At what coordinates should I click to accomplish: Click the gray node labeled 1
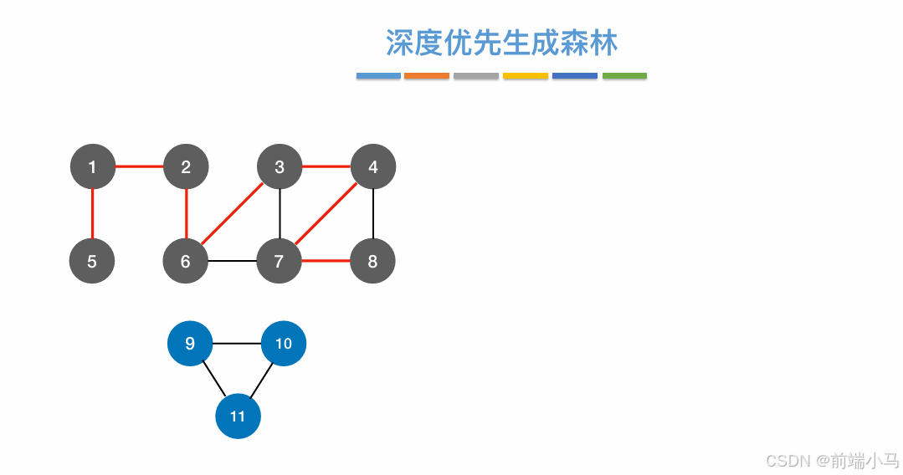92,167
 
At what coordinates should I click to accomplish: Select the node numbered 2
186,167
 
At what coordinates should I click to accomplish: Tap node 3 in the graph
280,167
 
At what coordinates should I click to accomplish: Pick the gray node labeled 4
373,167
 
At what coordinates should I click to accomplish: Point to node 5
92,261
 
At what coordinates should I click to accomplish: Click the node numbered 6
186,261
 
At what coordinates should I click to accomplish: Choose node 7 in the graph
280,261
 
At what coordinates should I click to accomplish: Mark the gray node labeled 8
373,261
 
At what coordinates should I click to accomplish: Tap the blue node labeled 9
190,344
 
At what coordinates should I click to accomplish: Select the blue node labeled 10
284,344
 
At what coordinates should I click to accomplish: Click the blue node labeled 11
238,416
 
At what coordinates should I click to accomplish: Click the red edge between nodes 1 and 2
139,167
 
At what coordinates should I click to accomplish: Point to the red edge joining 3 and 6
233,214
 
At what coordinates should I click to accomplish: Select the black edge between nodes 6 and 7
233,261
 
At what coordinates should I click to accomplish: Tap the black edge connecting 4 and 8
373,214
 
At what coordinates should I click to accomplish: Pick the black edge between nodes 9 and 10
237,344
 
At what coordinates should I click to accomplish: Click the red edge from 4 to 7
326,214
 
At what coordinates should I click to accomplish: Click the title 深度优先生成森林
501,43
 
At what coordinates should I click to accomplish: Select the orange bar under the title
427,76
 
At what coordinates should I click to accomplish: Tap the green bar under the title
624,76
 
